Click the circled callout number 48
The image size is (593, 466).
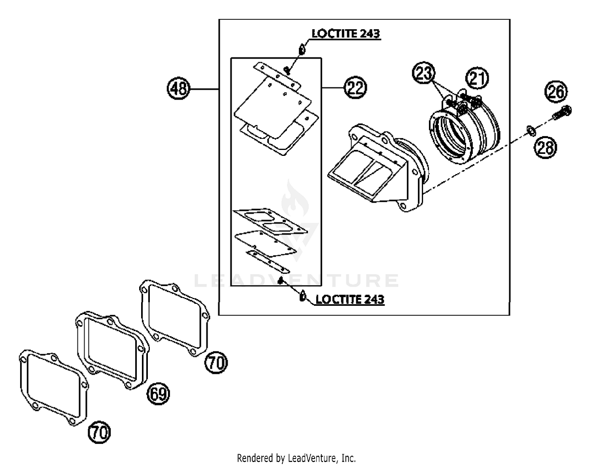179,88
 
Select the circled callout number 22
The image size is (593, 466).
355,87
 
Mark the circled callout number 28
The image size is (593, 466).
546,148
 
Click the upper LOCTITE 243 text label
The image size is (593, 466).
346,34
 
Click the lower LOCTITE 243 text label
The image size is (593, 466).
350,299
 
